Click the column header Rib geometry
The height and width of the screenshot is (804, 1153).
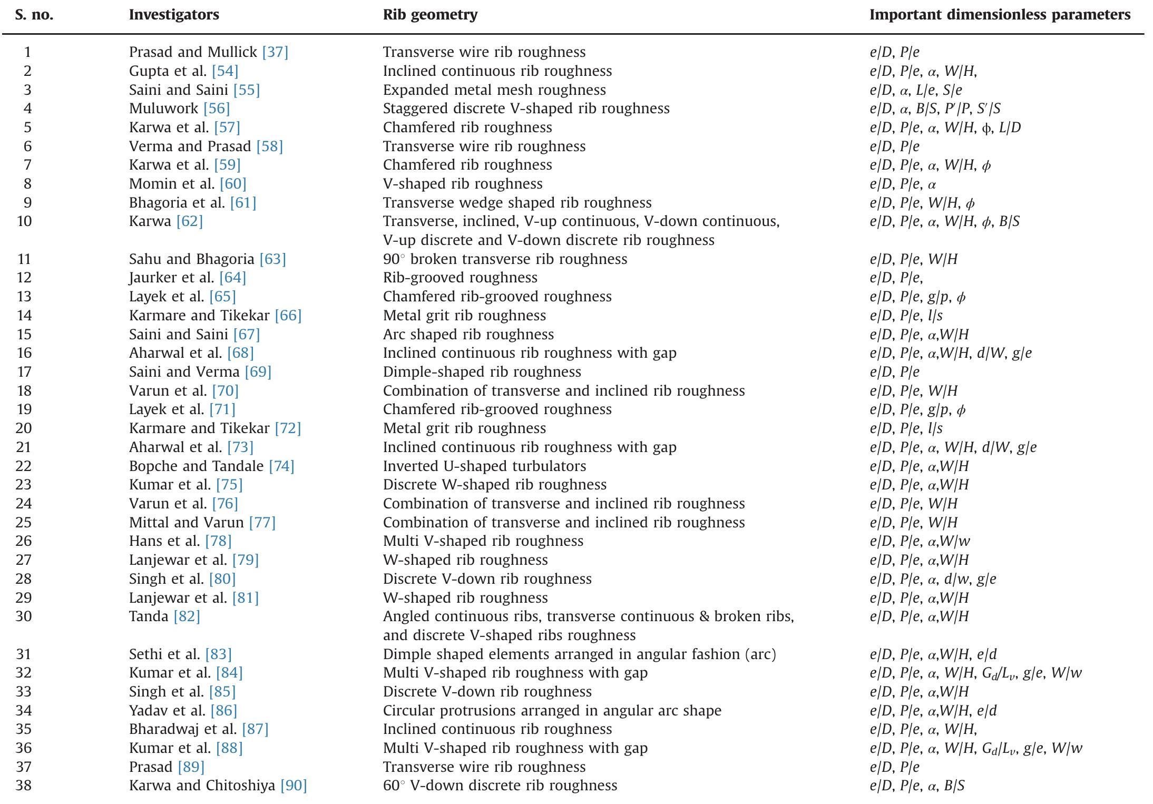(x=430, y=15)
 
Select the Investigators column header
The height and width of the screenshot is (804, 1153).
(x=174, y=15)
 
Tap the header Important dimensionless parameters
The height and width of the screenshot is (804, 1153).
(x=1000, y=15)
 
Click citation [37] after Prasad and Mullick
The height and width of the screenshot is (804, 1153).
(x=275, y=52)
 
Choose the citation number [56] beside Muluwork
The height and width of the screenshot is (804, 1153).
(x=217, y=109)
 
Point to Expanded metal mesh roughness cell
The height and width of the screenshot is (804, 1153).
(x=494, y=90)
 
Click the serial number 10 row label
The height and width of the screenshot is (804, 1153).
(x=24, y=221)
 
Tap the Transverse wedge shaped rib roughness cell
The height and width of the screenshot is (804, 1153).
(x=517, y=203)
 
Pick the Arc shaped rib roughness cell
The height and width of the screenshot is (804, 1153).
(x=468, y=335)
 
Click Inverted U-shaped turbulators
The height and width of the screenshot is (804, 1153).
(x=484, y=466)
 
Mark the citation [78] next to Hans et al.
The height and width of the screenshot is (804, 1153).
(x=218, y=541)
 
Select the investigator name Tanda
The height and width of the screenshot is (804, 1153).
(x=149, y=616)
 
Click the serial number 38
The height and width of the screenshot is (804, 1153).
(x=24, y=786)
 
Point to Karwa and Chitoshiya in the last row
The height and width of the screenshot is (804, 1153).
(x=202, y=786)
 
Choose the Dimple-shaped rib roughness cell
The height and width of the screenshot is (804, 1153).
(x=482, y=372)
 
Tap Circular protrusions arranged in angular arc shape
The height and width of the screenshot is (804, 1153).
(x=552, y=711)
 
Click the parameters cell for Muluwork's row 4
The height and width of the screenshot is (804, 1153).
(x=935, y=109)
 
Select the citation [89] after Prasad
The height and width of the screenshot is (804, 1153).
(x=191, y=767)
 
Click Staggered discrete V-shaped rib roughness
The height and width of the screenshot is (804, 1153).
(x=526, y=109)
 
